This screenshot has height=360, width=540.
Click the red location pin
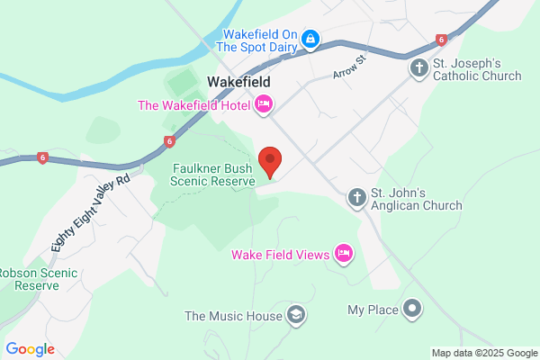[270, 162]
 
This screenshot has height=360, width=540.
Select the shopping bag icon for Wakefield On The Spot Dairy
[310, 39]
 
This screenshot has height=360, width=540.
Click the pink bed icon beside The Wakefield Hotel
[264, 105]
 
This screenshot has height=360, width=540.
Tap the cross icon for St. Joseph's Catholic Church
[418, 67]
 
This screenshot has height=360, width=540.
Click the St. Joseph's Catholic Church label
[476, 68]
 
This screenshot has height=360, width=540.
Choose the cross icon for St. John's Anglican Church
[357, 197]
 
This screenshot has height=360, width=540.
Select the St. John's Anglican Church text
[417, 198]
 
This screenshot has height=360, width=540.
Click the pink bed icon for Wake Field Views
[343, 254]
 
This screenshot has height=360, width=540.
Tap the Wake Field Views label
[280, 254]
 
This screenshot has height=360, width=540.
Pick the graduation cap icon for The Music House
[294, 315]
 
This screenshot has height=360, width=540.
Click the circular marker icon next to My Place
[413, 310]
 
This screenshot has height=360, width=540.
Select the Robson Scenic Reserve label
[30, 279]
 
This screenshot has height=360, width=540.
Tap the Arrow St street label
[351, 68]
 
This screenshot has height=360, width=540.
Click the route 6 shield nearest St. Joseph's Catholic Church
[441, 40]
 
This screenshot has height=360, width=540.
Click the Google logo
[31, 349]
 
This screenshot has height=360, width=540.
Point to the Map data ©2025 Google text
[482, 352]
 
